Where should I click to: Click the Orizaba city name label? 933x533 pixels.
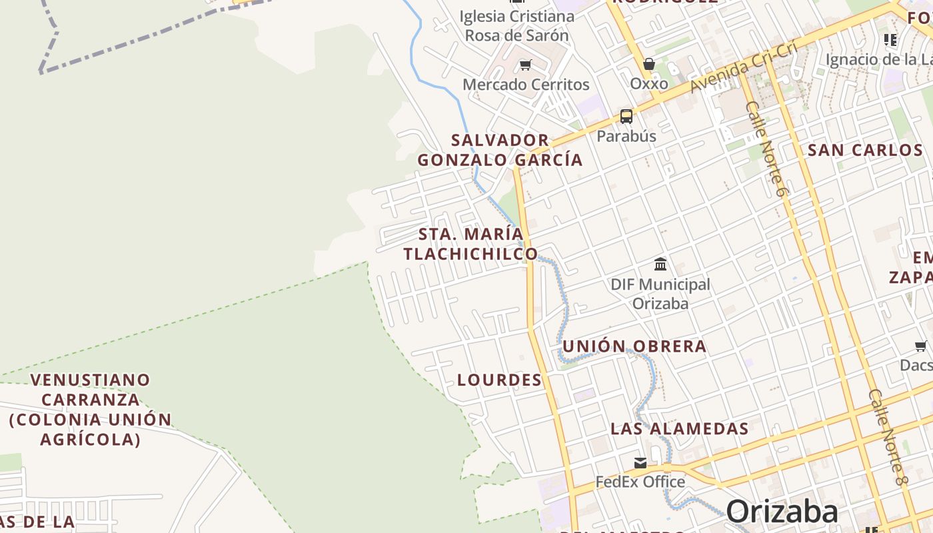(782, 512)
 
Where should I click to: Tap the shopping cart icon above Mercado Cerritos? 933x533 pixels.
(526, 65)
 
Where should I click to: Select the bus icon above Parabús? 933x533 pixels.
(626, 117)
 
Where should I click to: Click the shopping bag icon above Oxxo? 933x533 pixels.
(649, 64)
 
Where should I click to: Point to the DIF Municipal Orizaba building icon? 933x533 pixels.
(660, 265)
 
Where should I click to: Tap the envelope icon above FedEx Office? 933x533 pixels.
(640, 462)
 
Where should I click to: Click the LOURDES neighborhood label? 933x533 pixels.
(499, 380)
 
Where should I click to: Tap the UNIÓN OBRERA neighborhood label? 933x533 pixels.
(634, 346)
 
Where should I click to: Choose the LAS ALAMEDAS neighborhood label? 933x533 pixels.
(680, 428)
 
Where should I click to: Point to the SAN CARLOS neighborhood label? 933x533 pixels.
(865, 150)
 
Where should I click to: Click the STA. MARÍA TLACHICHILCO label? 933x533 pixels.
(470, 244)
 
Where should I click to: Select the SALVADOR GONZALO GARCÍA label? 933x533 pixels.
(500, 150)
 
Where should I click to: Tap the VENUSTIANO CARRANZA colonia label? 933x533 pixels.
(91, 409)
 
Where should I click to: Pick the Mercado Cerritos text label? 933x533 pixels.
(526, 85)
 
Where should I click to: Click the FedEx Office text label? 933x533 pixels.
(640, 482)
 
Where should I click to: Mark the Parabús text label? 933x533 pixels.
(626, 136)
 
